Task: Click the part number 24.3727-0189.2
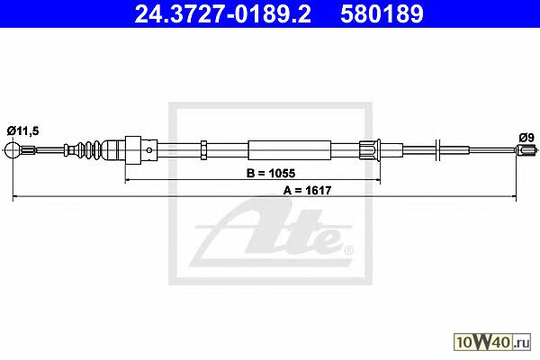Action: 223,14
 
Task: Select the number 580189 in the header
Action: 382,14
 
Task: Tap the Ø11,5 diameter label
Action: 23,130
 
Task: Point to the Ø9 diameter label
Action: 526,138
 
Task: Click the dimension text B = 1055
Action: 271,173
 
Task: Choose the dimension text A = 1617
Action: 307,190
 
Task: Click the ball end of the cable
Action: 13,150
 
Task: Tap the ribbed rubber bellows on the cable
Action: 89,150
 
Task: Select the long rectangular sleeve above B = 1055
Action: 289,150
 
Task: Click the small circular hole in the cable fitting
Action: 148,150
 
